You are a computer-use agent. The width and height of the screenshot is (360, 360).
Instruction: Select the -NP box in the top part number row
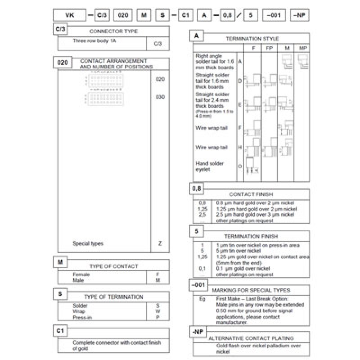(298, 15)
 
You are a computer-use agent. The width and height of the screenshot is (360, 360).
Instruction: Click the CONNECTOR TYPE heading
(113, 31)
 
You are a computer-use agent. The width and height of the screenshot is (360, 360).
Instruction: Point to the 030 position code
(160, 97)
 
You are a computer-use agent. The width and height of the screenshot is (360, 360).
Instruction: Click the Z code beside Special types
(160, 243)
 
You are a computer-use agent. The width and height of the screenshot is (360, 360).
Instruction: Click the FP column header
(269, 48)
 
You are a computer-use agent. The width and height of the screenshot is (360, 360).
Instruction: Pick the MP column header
(302, 48)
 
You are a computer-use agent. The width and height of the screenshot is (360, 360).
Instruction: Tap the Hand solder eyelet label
(210, 166)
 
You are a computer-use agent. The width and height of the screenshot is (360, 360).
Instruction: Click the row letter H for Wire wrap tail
(240, 147)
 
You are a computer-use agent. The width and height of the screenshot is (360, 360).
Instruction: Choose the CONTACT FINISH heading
(251, 194)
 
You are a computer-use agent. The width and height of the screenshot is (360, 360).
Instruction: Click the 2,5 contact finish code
(202, 215)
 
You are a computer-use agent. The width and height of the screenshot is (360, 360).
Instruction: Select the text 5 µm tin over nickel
(238, 251)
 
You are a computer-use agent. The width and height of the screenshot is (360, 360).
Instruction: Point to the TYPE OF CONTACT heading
(113, 266)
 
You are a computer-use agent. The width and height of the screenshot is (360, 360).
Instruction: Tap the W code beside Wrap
(157, 311)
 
